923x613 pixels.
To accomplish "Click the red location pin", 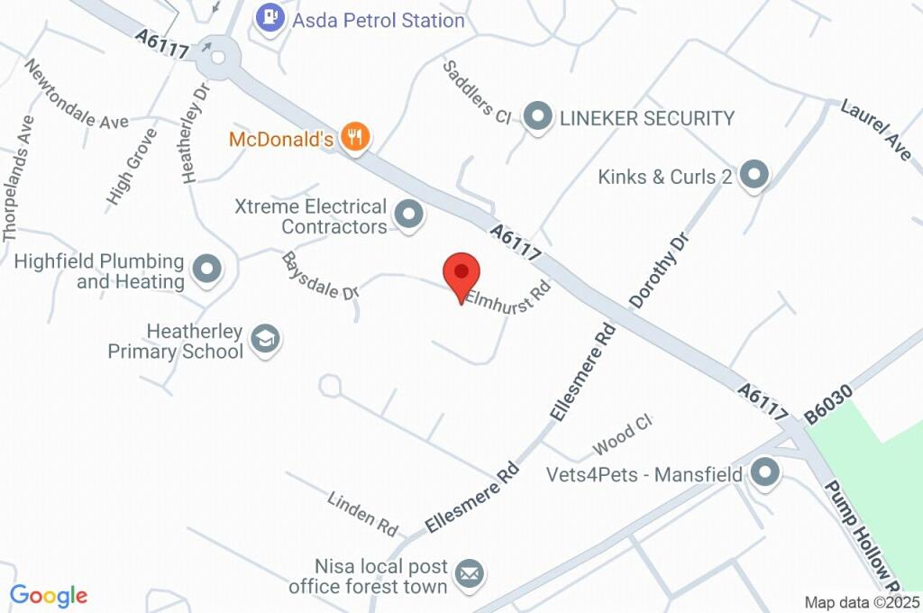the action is coord(462,274).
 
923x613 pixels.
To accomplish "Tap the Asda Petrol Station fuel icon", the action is coord(270,18).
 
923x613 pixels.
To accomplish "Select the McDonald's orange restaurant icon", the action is coord(357,138).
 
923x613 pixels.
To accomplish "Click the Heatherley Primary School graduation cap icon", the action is coord(265,340).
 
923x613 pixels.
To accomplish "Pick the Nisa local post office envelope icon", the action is coord(468,573).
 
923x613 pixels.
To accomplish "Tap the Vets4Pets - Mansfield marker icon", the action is coord(765,472).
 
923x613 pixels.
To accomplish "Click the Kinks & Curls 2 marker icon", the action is coord(753,176).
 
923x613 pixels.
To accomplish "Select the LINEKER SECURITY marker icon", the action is coord(538,116).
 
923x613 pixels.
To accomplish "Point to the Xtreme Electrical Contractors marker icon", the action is coord(409,215).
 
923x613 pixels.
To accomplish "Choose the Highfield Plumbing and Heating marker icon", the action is coord(208,270).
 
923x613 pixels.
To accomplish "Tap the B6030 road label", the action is coord(827,401).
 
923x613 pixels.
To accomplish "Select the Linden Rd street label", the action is coord(363,510).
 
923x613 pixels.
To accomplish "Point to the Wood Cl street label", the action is coord(622,435).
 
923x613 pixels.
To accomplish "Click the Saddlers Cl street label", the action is coord(477,91).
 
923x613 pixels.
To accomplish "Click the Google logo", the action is coord(49,595).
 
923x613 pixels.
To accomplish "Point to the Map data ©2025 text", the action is coord(862,602).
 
